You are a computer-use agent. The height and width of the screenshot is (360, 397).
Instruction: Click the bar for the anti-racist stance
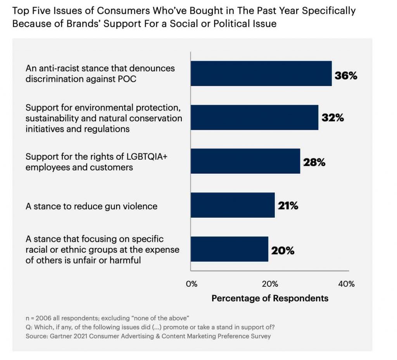(x=261, y=73)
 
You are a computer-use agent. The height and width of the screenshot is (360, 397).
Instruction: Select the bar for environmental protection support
(x=254, y=117)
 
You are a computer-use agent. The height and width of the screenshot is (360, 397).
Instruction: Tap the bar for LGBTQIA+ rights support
(x=245, y=161)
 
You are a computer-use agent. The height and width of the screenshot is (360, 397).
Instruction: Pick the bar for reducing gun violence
(x=233, y=205)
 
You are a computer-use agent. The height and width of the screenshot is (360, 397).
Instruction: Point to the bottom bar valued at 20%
(x=229, y=249)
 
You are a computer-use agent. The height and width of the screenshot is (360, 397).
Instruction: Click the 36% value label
(x=346, y=76)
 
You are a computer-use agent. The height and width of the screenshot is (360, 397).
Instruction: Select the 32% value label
(x=333, y=118)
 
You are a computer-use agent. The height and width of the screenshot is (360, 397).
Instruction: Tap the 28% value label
(x=314, y=162)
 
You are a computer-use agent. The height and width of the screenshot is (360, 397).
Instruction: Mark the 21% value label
(x=287, y=206)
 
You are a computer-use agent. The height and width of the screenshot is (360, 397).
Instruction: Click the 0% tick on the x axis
(x=192, y=284)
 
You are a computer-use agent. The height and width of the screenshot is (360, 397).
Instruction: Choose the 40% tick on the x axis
(x=346, y=284)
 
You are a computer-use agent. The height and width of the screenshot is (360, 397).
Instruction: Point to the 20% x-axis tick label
(x=269, y=284)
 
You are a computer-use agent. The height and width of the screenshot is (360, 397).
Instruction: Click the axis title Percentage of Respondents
(x=270, y=298)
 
